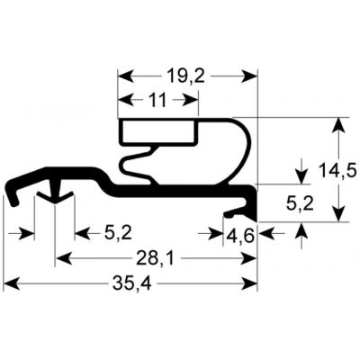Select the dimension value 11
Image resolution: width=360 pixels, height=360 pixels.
(157, 101)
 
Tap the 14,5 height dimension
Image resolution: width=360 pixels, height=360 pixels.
(338, 167)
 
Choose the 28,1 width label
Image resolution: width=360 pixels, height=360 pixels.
(151, 260)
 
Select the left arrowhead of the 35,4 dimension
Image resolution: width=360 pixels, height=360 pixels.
(12, 286)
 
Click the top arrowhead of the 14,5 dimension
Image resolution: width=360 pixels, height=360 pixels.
(338, 123)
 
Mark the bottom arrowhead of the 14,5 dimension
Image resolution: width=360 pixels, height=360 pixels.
(338, 213)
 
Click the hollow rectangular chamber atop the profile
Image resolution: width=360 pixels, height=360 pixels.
(158, 132)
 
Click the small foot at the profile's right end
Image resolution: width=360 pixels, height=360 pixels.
(239, 211)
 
